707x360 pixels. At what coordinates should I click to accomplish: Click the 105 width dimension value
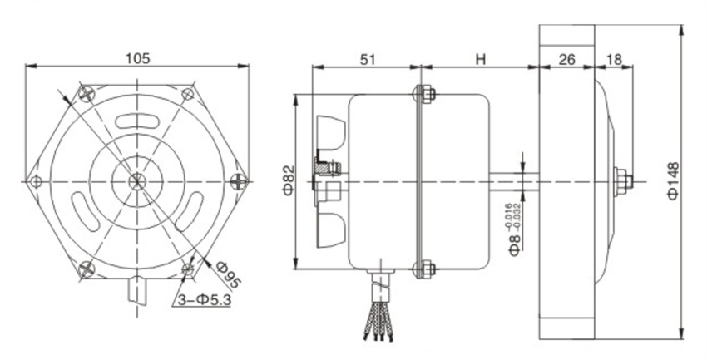137,58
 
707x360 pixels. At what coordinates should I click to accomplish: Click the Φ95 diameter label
225,273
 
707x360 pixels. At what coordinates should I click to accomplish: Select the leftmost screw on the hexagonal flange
34,181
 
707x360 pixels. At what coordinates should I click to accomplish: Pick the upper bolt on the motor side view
423,93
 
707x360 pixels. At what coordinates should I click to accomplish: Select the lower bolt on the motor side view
423,269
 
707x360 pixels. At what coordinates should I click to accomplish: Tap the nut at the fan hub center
621,181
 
